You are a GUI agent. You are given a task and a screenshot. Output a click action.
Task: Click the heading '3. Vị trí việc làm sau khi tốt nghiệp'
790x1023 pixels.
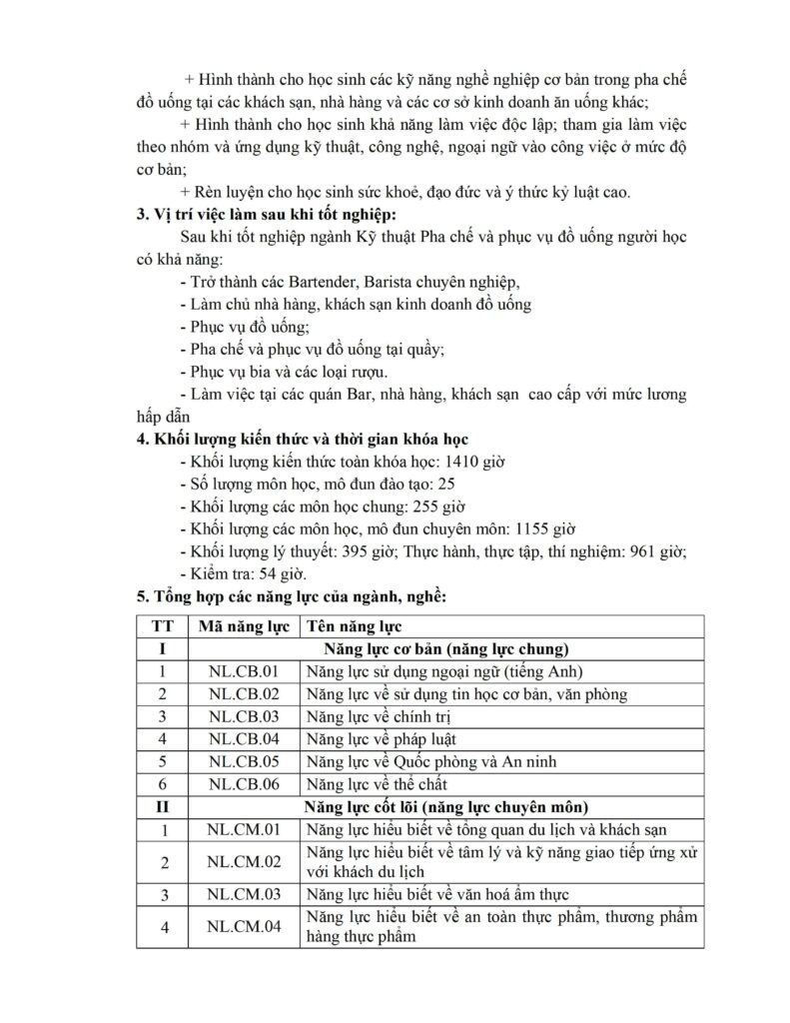pos(269,215)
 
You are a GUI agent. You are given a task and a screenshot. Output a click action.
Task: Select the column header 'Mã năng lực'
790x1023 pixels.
pos(244,626)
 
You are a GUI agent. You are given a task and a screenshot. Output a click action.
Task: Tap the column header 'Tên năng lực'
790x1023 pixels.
pos(354,626)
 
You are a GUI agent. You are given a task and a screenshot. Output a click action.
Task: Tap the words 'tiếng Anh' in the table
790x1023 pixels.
pos(545,671)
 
